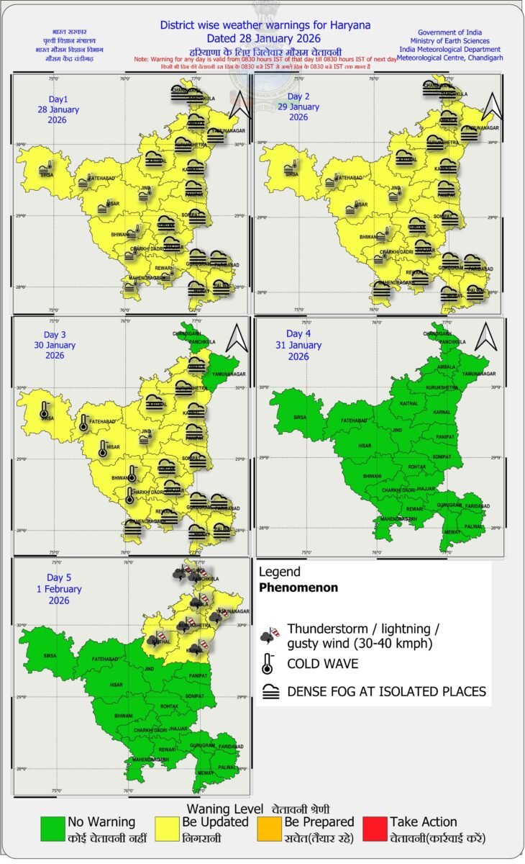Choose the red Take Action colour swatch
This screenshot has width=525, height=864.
tap(375, 829)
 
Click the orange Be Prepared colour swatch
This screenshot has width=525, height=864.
tap(268, 829)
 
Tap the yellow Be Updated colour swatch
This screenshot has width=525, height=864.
tap(167, 829)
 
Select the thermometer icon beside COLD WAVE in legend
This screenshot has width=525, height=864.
tap(268, 662)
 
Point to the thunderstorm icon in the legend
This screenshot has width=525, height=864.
tap(268, 635)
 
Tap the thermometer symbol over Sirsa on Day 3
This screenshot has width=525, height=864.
tap(45, 412)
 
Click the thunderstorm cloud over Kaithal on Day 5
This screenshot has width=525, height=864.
tap(153, 638)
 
